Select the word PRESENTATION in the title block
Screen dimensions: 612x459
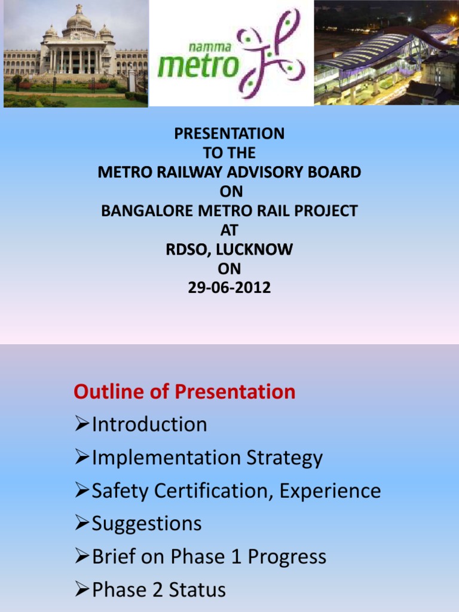point(229,134)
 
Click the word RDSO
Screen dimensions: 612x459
point(186,249)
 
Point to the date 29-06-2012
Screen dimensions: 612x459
point(229,288)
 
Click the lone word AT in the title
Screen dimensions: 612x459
point(229,230)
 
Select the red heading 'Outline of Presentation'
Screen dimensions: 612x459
point(184,392)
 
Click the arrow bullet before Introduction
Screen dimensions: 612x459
point(82,425)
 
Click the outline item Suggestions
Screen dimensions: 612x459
point(146,524)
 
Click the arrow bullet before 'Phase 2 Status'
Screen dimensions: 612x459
point(82,590)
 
